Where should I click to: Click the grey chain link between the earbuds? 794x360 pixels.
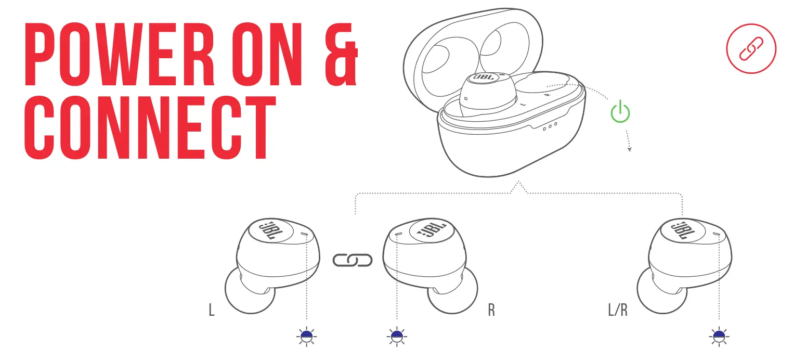(353, 260)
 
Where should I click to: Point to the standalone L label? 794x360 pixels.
(211, 311)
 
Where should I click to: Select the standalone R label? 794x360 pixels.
(491, 311)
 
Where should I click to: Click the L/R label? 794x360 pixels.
(617, 311)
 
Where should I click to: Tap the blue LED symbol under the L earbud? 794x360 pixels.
(307, 337)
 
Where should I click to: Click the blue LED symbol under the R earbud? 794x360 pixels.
(397, 337)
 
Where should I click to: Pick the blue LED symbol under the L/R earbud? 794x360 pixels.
(719, 337)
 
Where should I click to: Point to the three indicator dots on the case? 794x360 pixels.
(550, 125)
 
